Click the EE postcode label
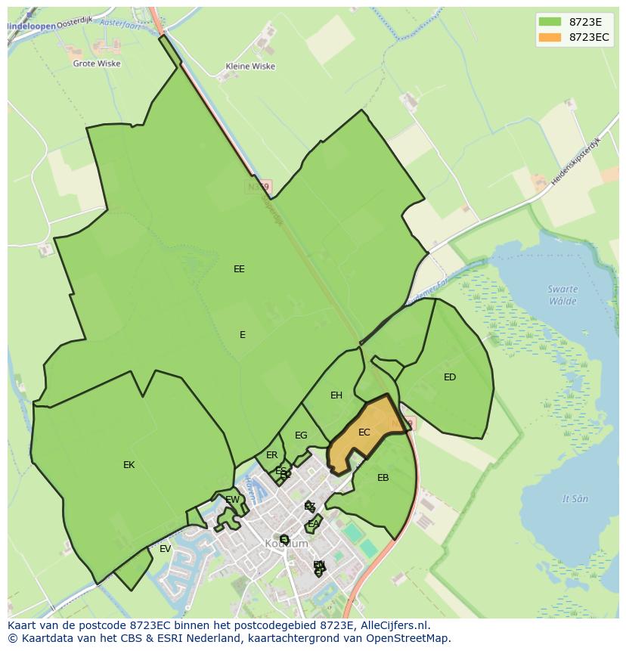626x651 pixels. [x=239, y=268]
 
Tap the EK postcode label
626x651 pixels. [x=129, y=465]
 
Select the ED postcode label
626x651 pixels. [x=450, y=377]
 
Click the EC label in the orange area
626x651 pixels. [x=364, y=432]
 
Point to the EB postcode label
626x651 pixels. [x=383, y=478]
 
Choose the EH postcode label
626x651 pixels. [x=336, y=395]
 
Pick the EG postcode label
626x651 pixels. [x=301, y=436]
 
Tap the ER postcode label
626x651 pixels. [x=272, y=455]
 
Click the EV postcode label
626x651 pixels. [x=165, y=549]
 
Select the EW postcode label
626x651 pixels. [x=232, y=500]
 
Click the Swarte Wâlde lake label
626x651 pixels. [x=562, y=295]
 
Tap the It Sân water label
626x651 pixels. [x=575, y=499]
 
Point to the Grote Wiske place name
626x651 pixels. [x=96, y=64]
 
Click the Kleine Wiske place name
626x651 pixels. [x=250, y=67]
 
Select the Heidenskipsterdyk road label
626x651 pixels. [x=574, y=163]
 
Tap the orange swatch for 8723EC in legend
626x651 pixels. [x=550, y=37]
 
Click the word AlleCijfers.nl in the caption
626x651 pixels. [x=392, y=626]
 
